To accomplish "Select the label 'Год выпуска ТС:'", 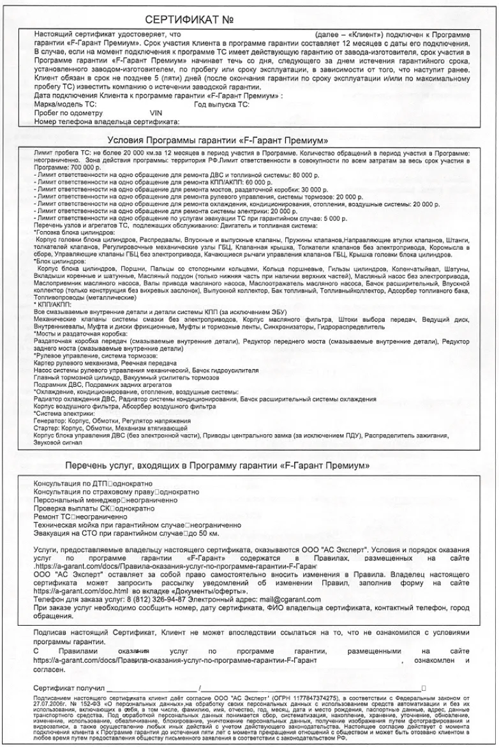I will point(221,104).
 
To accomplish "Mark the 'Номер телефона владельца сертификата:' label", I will point(107,121).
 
